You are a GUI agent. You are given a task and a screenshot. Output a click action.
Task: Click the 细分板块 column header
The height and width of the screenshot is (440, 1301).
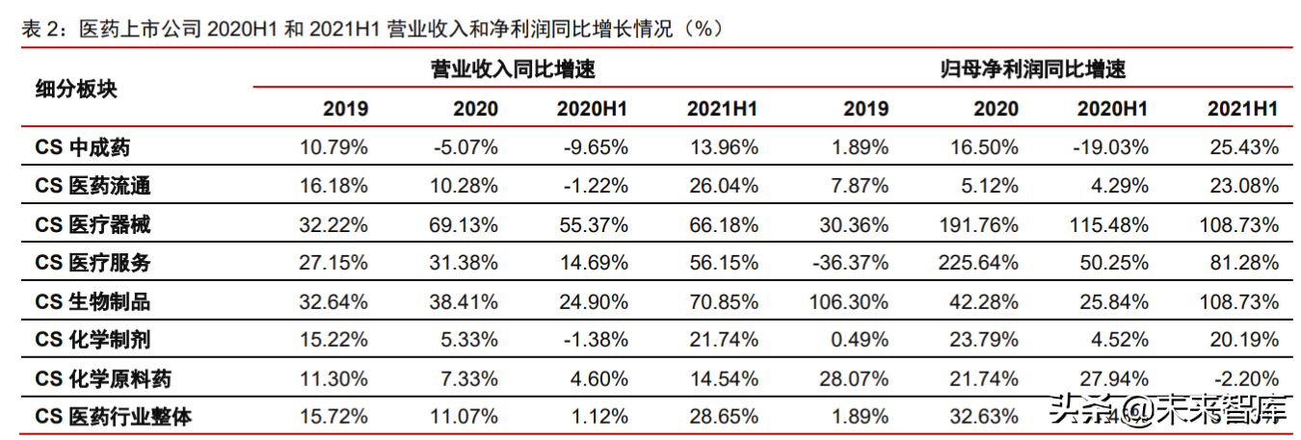[x=76, y=90]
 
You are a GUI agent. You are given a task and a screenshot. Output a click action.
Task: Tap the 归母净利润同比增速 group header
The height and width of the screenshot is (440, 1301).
[x=1033, y=69]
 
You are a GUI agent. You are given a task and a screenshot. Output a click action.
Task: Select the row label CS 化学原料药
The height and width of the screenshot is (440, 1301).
[x=103, y=378]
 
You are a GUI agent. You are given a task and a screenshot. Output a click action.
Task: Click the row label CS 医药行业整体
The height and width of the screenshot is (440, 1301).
[x=114, y=417]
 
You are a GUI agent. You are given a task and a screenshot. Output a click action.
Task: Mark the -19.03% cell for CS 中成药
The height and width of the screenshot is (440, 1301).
[x=1111, y=147]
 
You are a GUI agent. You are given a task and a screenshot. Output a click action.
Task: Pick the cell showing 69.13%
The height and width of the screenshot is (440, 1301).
[x=465, y=224]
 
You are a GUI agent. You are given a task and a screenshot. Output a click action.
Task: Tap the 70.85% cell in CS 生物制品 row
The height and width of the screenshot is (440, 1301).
[x=723, y=301]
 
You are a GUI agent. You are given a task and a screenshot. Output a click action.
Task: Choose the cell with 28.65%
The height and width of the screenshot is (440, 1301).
[x=723, y=417]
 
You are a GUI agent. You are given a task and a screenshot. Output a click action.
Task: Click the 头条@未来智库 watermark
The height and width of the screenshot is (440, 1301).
[x=1168, y=410]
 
